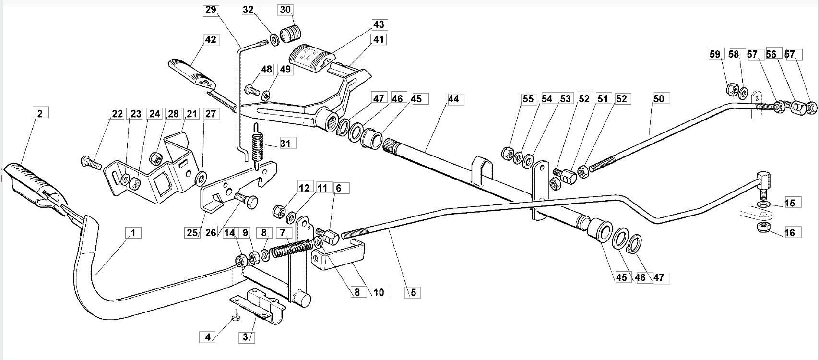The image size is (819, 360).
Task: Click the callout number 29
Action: pos(211,10)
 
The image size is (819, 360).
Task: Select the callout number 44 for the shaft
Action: pos(453,99)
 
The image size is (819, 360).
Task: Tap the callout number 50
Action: pos(658,99)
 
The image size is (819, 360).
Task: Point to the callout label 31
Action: pos(285,143)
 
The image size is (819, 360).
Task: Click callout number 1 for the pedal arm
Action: pos(133,233)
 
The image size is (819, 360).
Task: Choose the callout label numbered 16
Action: pos(790,233)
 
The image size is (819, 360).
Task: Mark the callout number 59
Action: pos(715,54)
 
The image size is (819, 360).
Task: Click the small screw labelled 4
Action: pos(236,315)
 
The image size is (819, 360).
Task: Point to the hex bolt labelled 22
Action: pos(91,162)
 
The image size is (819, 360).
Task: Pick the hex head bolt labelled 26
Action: pos(246,200)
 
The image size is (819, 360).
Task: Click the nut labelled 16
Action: pos(763,227)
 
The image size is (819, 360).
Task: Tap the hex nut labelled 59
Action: pos(732,90)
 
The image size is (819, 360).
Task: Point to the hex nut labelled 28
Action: pos(156,158)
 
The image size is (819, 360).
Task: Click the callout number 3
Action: pos(245,337)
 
